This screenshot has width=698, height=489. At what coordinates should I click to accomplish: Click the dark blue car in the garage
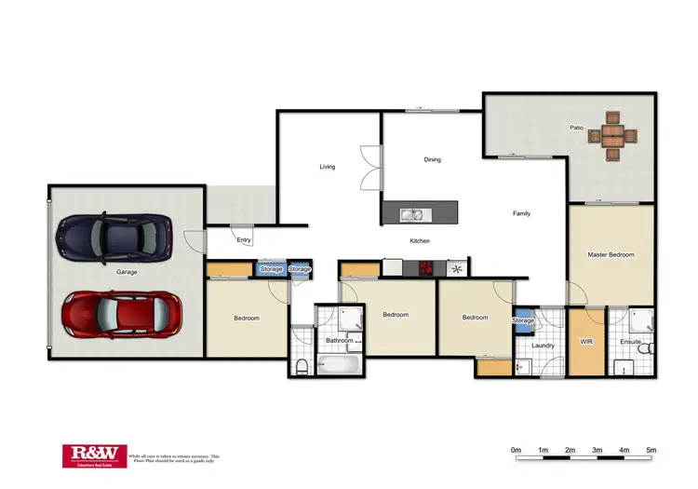[114, 238]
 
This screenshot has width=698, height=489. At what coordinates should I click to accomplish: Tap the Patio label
[577, 128]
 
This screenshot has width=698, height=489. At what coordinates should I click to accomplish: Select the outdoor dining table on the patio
[613, 137]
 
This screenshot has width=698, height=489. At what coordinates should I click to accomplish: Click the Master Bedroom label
[611, 254]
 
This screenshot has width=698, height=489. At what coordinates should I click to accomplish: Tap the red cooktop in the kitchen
[426, 268]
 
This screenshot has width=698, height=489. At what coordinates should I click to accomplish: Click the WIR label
[586, 342]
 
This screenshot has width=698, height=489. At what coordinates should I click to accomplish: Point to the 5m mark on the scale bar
[651, 451]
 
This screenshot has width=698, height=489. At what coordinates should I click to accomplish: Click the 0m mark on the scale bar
[516, 451]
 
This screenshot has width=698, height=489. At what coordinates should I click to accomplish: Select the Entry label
[244, 240]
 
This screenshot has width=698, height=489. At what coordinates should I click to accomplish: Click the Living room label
[328, 167]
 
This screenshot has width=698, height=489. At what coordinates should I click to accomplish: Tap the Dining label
[432, 159]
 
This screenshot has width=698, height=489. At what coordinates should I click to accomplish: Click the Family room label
[521, 213]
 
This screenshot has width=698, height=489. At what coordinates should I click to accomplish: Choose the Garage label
[127, 273]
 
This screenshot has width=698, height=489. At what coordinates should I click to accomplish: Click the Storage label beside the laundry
[522, 320]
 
